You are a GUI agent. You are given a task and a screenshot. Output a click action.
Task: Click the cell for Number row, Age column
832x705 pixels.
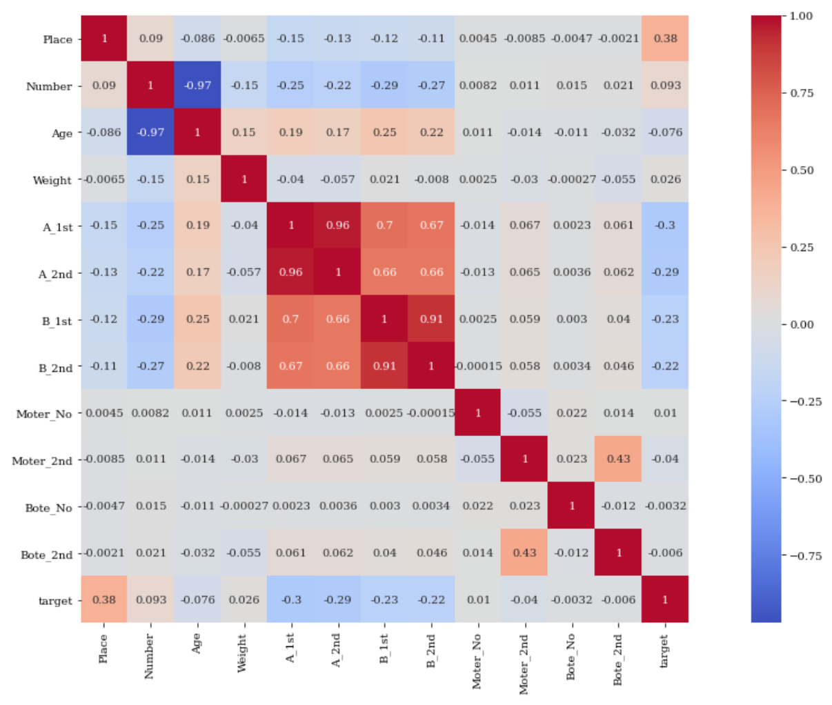[x=197, y=86]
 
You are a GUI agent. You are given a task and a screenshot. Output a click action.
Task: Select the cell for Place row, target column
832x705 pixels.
[x=665, y=39]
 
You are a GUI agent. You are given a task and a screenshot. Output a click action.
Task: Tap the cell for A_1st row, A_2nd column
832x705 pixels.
[x=337, y=226]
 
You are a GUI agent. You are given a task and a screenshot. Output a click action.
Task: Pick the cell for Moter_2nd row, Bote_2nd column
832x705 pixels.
[x=618, y=459]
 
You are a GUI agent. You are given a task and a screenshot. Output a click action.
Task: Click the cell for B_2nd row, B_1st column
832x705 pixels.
[x=384, y=366]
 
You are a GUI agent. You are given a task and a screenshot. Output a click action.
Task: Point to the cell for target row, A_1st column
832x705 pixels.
[x=290, y=599]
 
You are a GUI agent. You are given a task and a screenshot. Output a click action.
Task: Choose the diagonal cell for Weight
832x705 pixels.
[x=244, y=179]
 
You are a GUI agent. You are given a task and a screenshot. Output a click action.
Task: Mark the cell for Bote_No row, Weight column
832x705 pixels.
[x=244, y=506]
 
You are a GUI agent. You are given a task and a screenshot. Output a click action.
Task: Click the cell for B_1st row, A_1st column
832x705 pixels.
[x=290, y=319]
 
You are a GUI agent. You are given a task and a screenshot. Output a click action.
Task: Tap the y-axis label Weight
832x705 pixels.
[x=52, y=180]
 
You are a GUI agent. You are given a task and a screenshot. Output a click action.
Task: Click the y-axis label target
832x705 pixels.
[x=55, y=601]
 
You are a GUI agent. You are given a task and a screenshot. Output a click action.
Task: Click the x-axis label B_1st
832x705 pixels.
[x=384, y=649]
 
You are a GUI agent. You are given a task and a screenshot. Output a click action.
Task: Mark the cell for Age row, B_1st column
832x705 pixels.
[x=384, y=132]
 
